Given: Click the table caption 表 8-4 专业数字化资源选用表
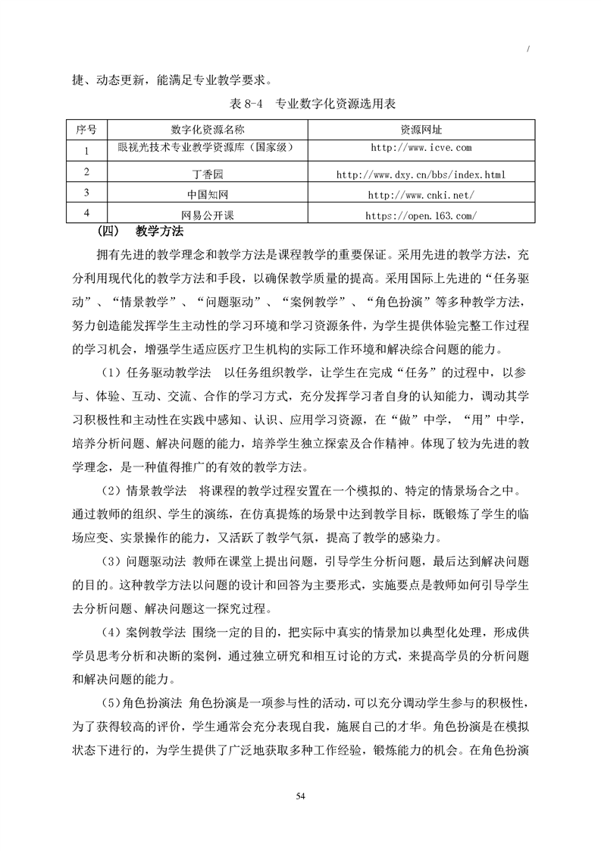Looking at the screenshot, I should [x=302, y=103].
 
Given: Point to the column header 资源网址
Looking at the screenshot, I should [x=420, y=129].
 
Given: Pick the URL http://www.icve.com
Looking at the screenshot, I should [x=420, y=147].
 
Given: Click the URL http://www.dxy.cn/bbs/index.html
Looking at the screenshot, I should [x=420, y=175].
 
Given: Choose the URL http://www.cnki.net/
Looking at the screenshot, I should [x=420, y=195].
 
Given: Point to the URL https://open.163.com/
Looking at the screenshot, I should [x=420, y=215].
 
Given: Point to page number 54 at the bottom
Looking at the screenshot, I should [x=301, y=796].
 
